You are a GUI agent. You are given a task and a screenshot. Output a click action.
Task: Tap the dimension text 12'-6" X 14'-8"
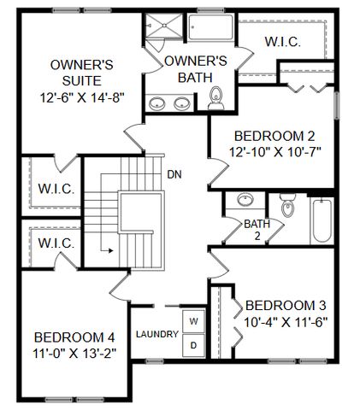pos(82,97)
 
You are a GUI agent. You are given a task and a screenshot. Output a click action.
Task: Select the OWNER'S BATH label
pos(195,69)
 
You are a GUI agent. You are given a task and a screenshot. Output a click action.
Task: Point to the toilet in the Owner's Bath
pos(215,100)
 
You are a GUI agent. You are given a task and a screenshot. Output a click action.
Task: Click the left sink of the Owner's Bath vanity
pos(158,105)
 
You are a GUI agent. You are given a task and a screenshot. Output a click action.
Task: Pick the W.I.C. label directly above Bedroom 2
pos(281,41)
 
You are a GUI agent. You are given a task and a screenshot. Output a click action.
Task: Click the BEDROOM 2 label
pos(269,135)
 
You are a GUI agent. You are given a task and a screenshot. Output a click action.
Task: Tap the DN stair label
pos(174,175)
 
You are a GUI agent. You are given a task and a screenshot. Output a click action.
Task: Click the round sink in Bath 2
pos(245,202)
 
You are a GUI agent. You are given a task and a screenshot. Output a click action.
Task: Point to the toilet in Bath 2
pos(287,208)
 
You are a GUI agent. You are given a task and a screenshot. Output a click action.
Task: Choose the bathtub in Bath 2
pos(323,221)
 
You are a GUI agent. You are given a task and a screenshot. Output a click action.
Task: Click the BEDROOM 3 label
pos(286,305)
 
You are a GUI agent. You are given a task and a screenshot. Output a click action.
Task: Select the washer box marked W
pos(194,321)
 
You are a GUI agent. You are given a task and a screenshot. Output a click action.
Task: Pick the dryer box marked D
pos(194,344)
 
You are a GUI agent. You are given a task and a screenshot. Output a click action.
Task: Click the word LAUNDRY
pos(156,334)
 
